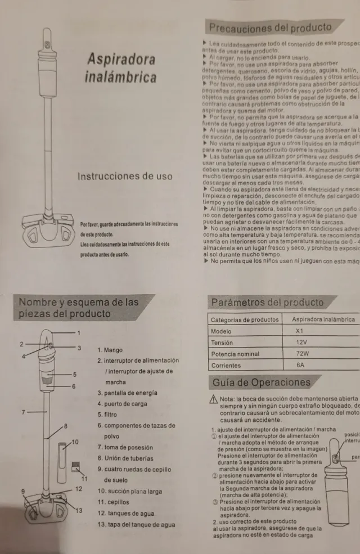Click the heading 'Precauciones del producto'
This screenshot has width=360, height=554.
[x=270, y=28]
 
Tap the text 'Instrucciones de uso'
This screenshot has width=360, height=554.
[x=125, y=176]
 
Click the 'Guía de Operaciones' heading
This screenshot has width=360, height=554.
[x=261, y=383]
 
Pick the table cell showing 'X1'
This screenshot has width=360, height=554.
[x=299, y=331]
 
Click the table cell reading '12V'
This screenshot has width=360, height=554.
[x=301, y=343]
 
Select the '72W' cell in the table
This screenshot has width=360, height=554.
[x=302, y=354]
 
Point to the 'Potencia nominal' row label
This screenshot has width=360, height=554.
[x=235, y=354]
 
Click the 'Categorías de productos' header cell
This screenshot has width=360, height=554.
[x=245, y=319]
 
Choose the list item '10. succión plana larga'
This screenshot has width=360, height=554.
[x=130, y=492]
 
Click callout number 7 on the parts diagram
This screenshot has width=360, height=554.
[x=23, y=412]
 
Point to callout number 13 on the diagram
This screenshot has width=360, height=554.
[x=79, y=510]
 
